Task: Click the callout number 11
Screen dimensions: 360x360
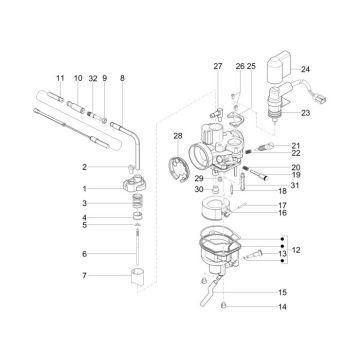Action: click(x=60, y=77)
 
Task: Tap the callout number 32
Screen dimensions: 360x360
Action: click(x=92, y=77)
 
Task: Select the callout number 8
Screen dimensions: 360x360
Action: click(x=122, y=77)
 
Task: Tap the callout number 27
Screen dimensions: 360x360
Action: click(x=217, y=66)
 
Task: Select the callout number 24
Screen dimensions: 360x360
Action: click(x=305, y=69)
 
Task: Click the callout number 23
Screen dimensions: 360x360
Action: click(x=305, y=113)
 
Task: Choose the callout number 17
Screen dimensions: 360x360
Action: click(x=282, y=205)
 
